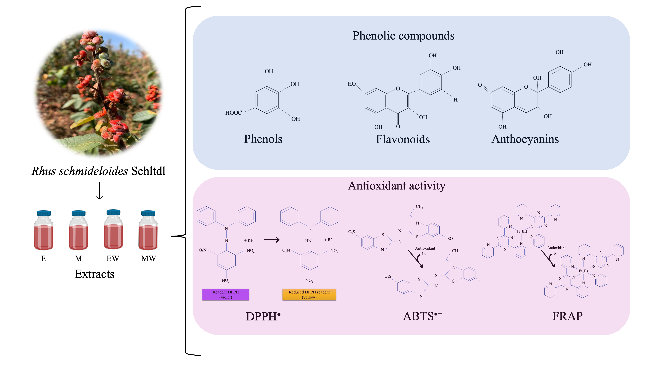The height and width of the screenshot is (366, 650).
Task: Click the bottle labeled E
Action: point(44,230)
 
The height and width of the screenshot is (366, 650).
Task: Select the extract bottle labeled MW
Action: point(148,230)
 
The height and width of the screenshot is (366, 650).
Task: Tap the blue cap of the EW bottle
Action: point(113,212)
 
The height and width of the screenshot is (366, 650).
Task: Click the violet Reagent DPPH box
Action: point(226,295)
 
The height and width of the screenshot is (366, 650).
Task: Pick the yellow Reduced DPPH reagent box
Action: point(309,295)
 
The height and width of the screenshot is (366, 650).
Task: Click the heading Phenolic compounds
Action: point(403,36)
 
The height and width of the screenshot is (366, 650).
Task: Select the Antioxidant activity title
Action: point(397,186)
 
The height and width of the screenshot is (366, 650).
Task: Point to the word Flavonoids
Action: point(403,139)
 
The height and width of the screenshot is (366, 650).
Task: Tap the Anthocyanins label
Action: point(525,139)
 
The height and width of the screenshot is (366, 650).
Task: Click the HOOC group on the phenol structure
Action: point(233,113)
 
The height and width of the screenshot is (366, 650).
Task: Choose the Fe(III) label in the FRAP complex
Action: point(522,231)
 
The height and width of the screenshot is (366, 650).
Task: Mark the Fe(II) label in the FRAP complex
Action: point(583,271)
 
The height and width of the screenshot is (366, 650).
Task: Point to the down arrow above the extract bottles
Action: point(99,191)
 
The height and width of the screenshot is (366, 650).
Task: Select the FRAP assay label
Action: point(567,316)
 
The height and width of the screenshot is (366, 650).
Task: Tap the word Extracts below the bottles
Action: point(95,274)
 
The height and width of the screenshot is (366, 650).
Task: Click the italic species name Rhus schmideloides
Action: point(80,171)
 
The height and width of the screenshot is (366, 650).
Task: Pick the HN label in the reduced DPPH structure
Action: point(308,241)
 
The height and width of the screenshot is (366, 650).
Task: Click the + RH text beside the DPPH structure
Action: point(249,240)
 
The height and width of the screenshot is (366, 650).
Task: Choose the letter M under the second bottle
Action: point(78,258)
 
